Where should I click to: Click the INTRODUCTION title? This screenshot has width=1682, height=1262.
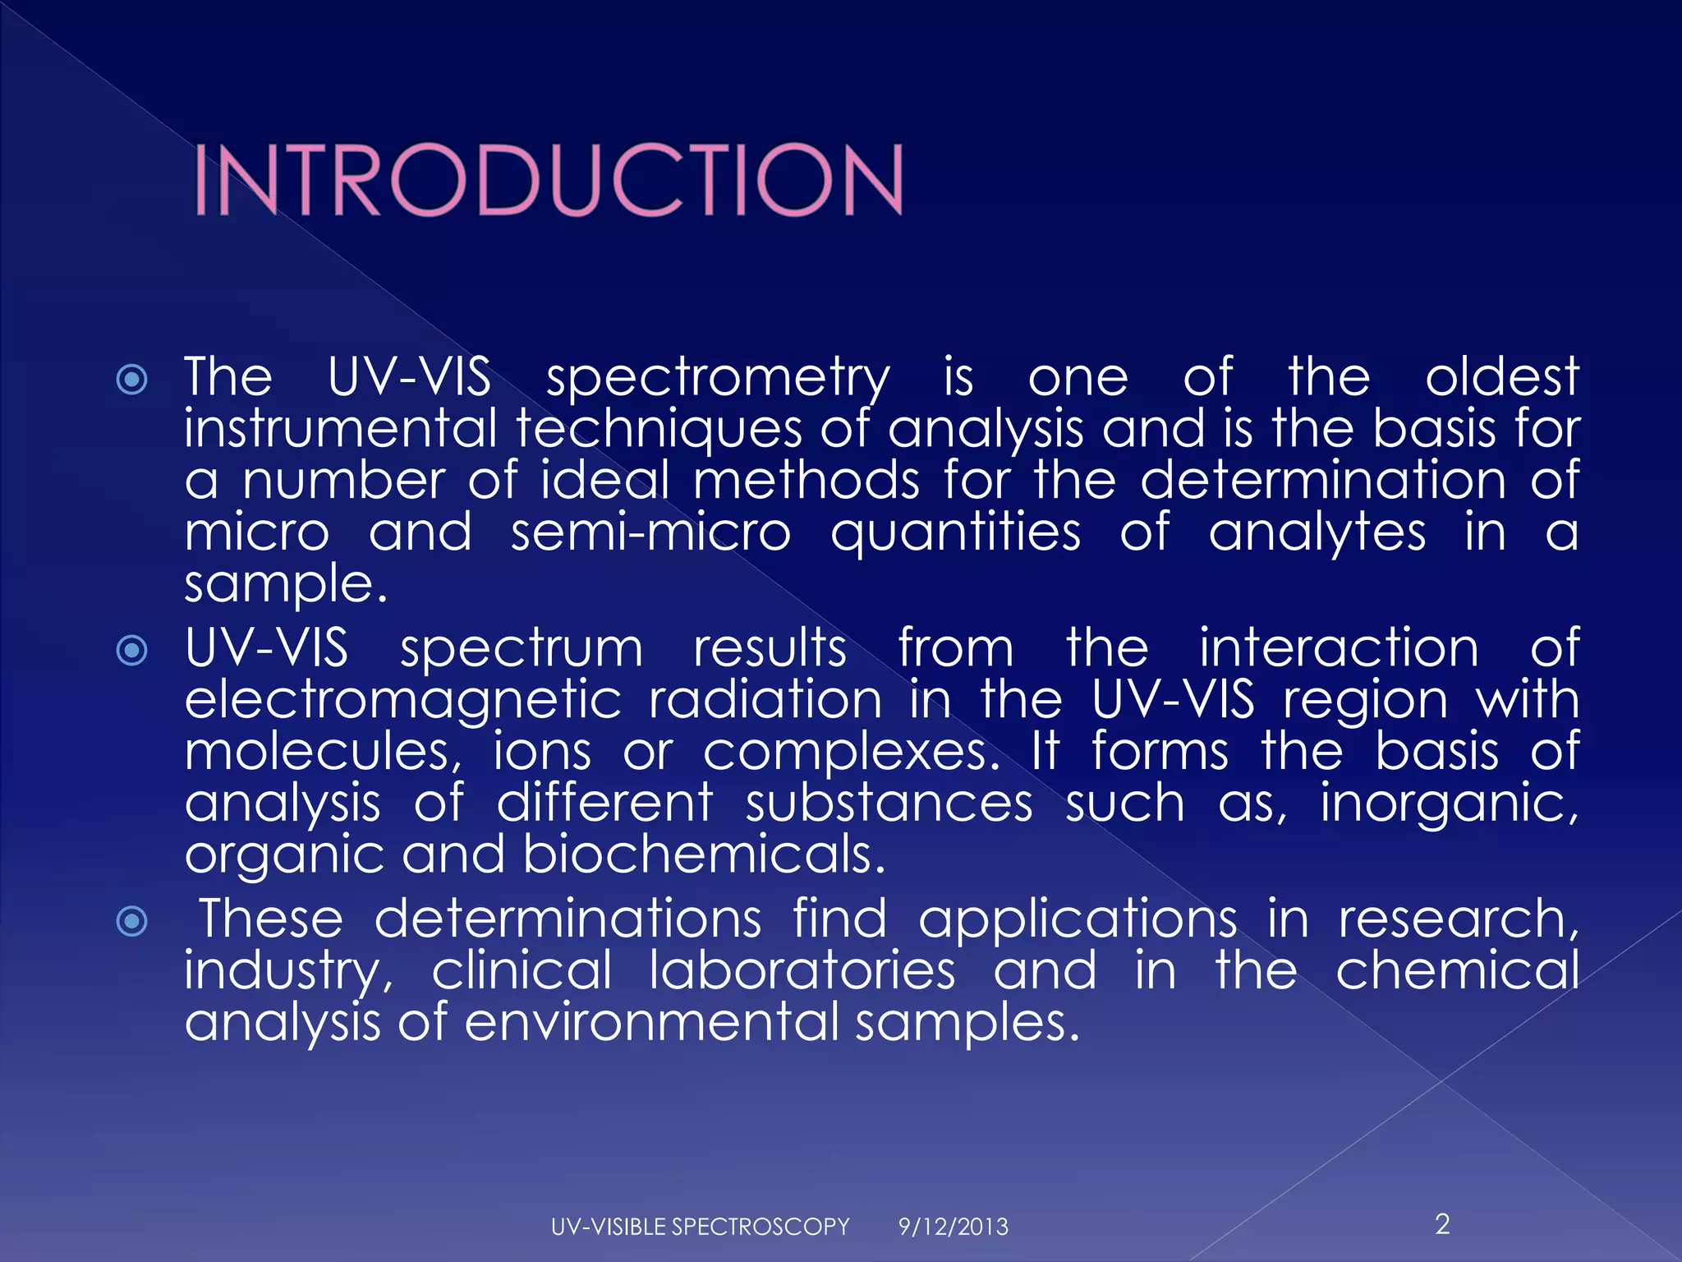pyautogui.click(x=549, y=180)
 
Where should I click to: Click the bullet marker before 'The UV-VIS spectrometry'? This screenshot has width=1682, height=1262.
pyautogui.click(x=132, y=380)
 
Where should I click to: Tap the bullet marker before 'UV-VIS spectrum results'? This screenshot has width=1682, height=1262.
pyautogui.click(x=132, y=651)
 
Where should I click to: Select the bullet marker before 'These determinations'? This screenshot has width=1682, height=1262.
pyautogui.click(x=132, y=921)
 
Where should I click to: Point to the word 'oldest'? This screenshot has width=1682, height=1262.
pyautogui.click(x=1502, y=377)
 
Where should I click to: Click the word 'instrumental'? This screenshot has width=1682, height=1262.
pyautogui.click(x=341, y=429)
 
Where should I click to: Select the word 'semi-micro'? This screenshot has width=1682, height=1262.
pyautogui.click(x=650, y=532)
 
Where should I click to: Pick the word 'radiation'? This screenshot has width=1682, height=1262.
pyautogui.click(x=765, y=700)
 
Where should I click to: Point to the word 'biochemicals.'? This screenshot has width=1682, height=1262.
pyautogui.click(x=704, y=854)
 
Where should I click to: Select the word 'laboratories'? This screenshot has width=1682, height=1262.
pyautogui.click(x=802, y=970)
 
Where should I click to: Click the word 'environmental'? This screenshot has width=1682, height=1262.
pyautogui.click(x=652, y=1022)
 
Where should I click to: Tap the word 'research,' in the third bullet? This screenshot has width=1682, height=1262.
pyautogui.click(x=1459, y=919)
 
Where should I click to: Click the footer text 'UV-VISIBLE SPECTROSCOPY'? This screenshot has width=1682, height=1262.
pyautogui.click(x=700, y=1227)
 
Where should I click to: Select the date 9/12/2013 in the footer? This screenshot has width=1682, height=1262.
pyautogui.click(x=953, y=1227)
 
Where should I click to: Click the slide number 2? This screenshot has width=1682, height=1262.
pyautogui.click(x=1442, y=1224)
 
